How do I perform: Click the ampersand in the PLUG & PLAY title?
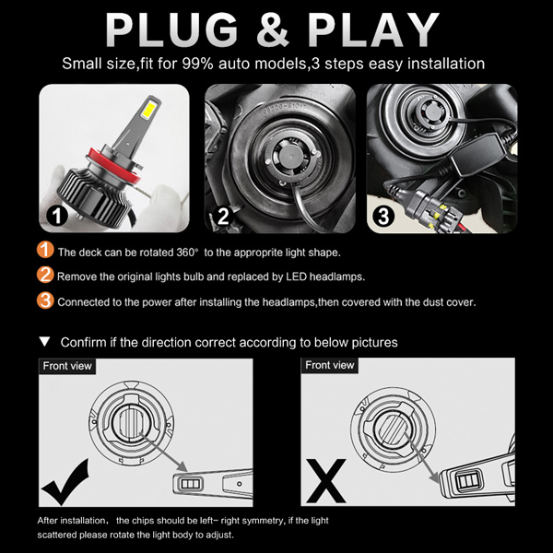pyautogui.click(x=273, y=30)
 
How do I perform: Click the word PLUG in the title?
pyautogui.click(x=171, y=30)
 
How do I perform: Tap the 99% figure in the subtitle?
pyautogui.click(x=197, y=64)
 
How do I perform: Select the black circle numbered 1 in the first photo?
pyautogui.click(x=57, y=216)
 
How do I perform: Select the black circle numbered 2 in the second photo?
pyautogui.click(x=223, y=216)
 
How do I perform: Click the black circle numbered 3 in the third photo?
pyautogui.click(x=383, y=216)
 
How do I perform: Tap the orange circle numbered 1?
pyautogui.click(x=45, y=250)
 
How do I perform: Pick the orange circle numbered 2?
pyautogui.click(x=45, y=275)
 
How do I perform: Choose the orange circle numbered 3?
pyautogui.click(x=45, y=300)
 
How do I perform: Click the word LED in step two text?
pyautogui.click(x=296, y=276)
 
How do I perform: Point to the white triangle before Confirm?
pyautogui.click(x=45, y=341)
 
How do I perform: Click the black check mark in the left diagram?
pyautogui.click(x=65, y=482)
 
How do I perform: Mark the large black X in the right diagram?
pyautogui.click(x=326, y=481)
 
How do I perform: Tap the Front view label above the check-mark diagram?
pyautogui.click(x=67, y=366)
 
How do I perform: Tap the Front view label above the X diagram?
pyautogui.click(x=329, y=365)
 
